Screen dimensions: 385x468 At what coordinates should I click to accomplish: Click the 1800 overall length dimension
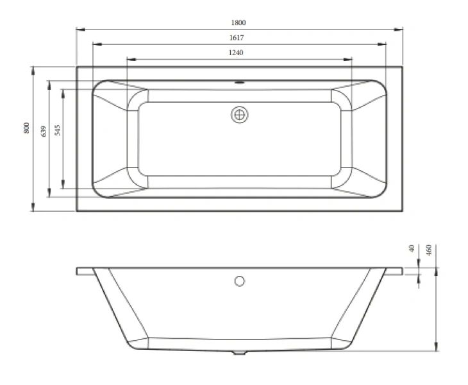(x=239, y=22)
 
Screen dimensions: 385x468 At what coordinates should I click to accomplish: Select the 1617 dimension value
(x=239, y=38)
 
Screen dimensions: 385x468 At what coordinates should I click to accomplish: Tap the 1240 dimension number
(x=239, y=53)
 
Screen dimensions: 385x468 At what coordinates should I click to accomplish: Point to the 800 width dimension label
(x=26, y=127)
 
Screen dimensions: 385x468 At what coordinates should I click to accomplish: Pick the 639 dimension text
(x=43, y=131)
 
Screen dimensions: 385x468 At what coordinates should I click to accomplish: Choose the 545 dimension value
(x=57, y=131)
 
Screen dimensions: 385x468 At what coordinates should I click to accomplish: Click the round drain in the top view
(x=240, y=115)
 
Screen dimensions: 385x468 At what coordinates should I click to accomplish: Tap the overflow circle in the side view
(x=240, y=280)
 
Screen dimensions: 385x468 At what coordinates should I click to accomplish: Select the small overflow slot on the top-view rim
(x=240, y=82)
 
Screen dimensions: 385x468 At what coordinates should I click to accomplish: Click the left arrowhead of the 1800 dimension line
(x=79, y=29)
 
